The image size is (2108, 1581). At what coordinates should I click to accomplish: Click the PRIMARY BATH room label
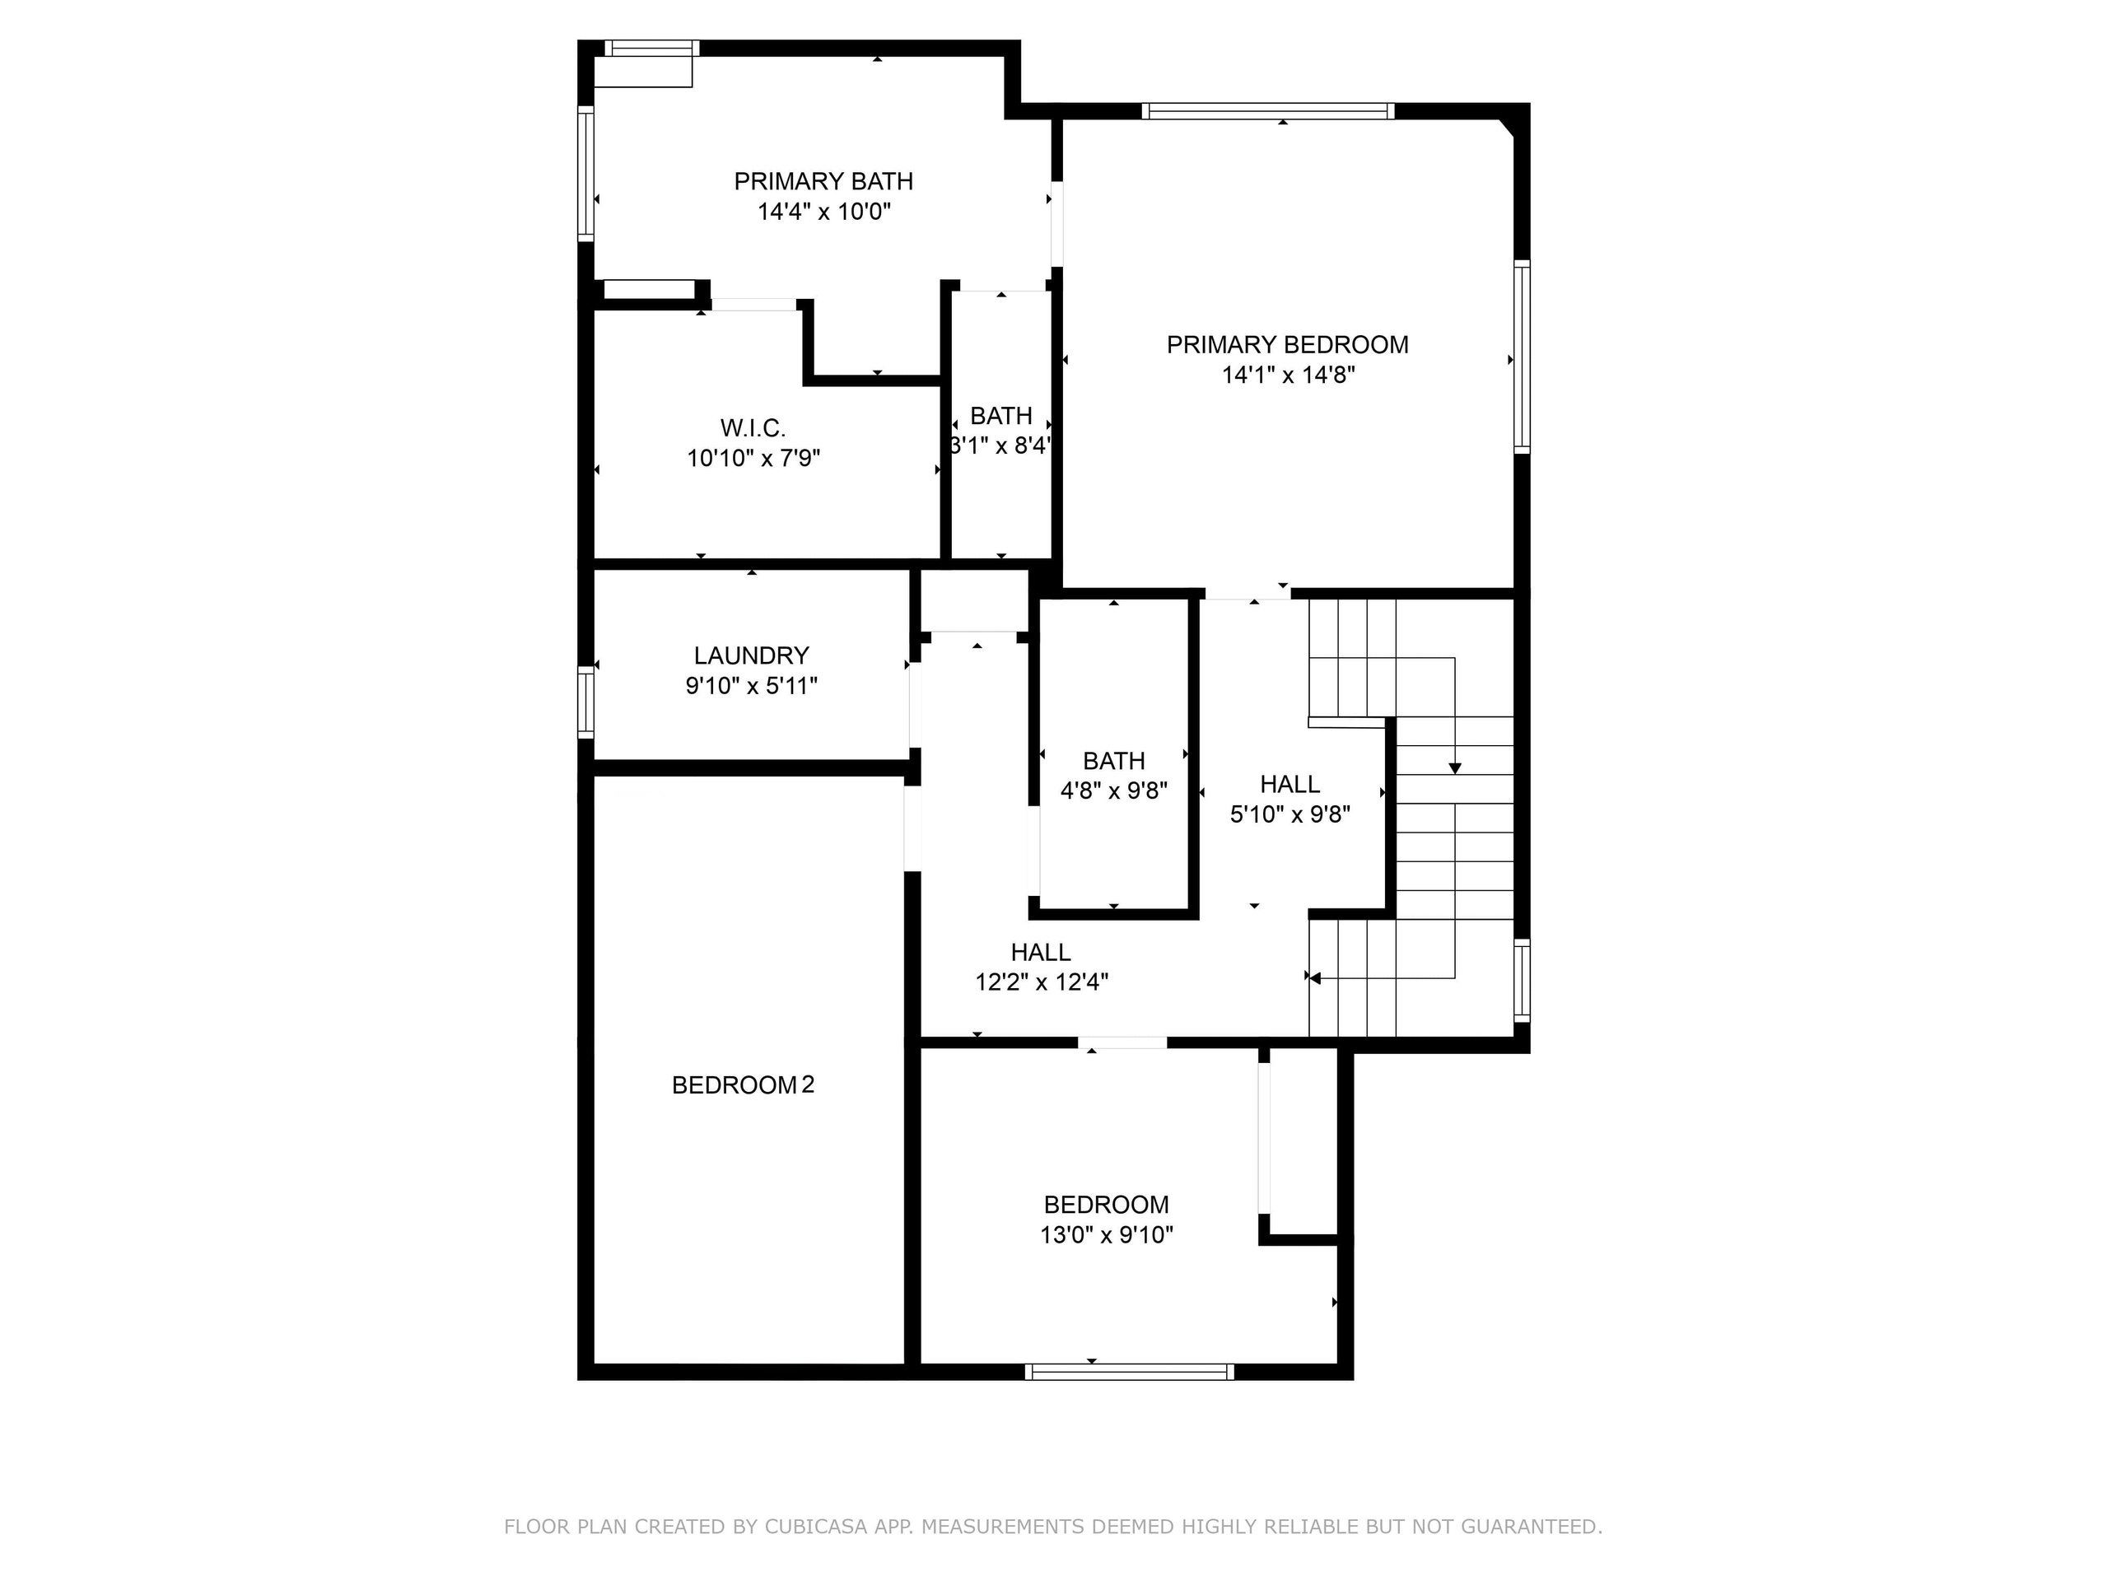click(823, 181)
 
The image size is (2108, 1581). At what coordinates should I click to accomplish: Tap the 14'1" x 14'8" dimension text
click(1288, 375)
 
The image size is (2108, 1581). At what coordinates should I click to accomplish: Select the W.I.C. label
click(753, 428)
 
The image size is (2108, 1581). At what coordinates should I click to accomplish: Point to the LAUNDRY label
click(751, 655)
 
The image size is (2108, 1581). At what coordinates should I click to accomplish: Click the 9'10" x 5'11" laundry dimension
click(751, 686)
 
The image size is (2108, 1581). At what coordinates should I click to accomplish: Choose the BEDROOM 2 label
click(743, 1084)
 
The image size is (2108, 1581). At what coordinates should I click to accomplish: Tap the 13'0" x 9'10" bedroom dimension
click(1105, 1235)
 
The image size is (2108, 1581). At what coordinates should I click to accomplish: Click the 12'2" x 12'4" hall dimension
click(1041, 982)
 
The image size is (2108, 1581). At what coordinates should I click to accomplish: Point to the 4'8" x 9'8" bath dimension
click(1113, 791)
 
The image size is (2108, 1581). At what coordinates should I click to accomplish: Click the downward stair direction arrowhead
click(1454, 768)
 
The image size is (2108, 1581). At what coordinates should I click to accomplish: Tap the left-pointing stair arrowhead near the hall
click(1315, 977)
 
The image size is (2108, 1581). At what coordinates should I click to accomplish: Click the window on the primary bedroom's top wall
click(1267, 111)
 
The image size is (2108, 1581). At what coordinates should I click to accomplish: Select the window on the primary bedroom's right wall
click(1522, 357)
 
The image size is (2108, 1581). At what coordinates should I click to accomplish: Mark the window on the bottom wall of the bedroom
click(1129, 1373)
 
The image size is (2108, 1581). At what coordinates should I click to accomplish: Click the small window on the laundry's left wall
click(585, 702)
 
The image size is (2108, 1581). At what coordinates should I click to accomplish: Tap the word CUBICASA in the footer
click(815, 1527)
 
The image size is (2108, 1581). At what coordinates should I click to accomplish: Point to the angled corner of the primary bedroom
click(1506, 128)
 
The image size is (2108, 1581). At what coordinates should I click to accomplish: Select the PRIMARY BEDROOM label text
click(1288, 345)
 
